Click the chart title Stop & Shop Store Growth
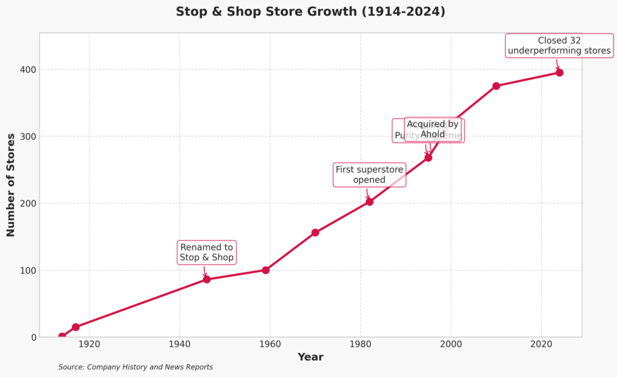click(x=310, y=11)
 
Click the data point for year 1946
click(x=207, y=279)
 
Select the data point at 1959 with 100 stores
click(x=266, y=270)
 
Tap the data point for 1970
click(x=315, y=233)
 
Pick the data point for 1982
click(x=369, y=201)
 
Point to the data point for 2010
click(x=496, y=86)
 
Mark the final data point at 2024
click(x=559, y=72)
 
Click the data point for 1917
click(x=76, y=327)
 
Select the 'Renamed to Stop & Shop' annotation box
click(x=207, y=253)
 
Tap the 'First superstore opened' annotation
click(x=369, y=174)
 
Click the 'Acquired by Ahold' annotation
click(x=433, y=130)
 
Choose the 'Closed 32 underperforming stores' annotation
click(x=559, y=46)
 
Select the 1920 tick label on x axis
click(x=89, y=344)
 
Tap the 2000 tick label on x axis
click(x=451, y=344)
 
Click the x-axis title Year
click(x=310, y=357)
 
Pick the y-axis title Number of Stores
click(x=11, y=185)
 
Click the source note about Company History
click(x=136, y=367)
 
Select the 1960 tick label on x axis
click(x=270, y=344)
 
